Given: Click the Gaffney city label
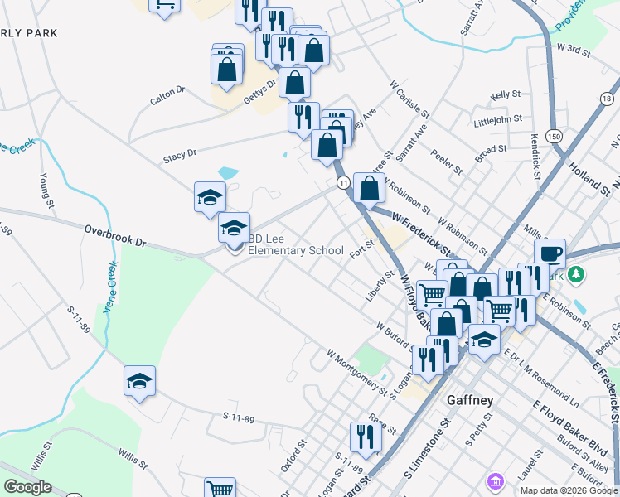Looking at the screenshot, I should point(470,400).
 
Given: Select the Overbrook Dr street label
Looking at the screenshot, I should point(114,236).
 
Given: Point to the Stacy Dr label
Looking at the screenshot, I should point(180,154).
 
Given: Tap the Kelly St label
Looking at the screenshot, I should point(505,96).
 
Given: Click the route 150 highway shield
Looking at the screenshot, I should point(554,136).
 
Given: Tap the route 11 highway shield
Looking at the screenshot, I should point(342,182).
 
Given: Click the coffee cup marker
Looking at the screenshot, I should point(550,253).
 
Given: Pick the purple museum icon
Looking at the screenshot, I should point(495,480).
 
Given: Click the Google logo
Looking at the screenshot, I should point(27,487).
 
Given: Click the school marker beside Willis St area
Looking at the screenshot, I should point(139,381).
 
